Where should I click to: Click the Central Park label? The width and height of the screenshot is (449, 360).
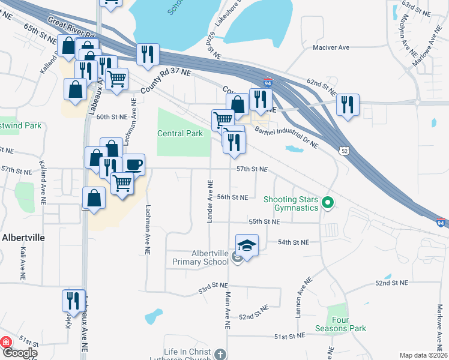(180, 133)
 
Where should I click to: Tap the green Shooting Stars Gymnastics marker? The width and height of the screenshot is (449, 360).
(327, 203)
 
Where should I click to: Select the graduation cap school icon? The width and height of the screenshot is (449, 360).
(247, 245)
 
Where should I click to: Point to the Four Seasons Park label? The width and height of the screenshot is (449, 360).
(340, 324)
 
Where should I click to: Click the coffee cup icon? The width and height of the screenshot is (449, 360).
(133, 164)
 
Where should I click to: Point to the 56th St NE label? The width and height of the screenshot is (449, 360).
(232, 197)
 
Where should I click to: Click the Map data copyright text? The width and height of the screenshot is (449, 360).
(423, 355)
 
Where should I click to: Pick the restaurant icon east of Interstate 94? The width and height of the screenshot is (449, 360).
(348, 105)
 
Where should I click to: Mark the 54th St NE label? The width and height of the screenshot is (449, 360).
(294, 242)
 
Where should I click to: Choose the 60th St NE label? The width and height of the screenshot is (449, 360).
(112, 116)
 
